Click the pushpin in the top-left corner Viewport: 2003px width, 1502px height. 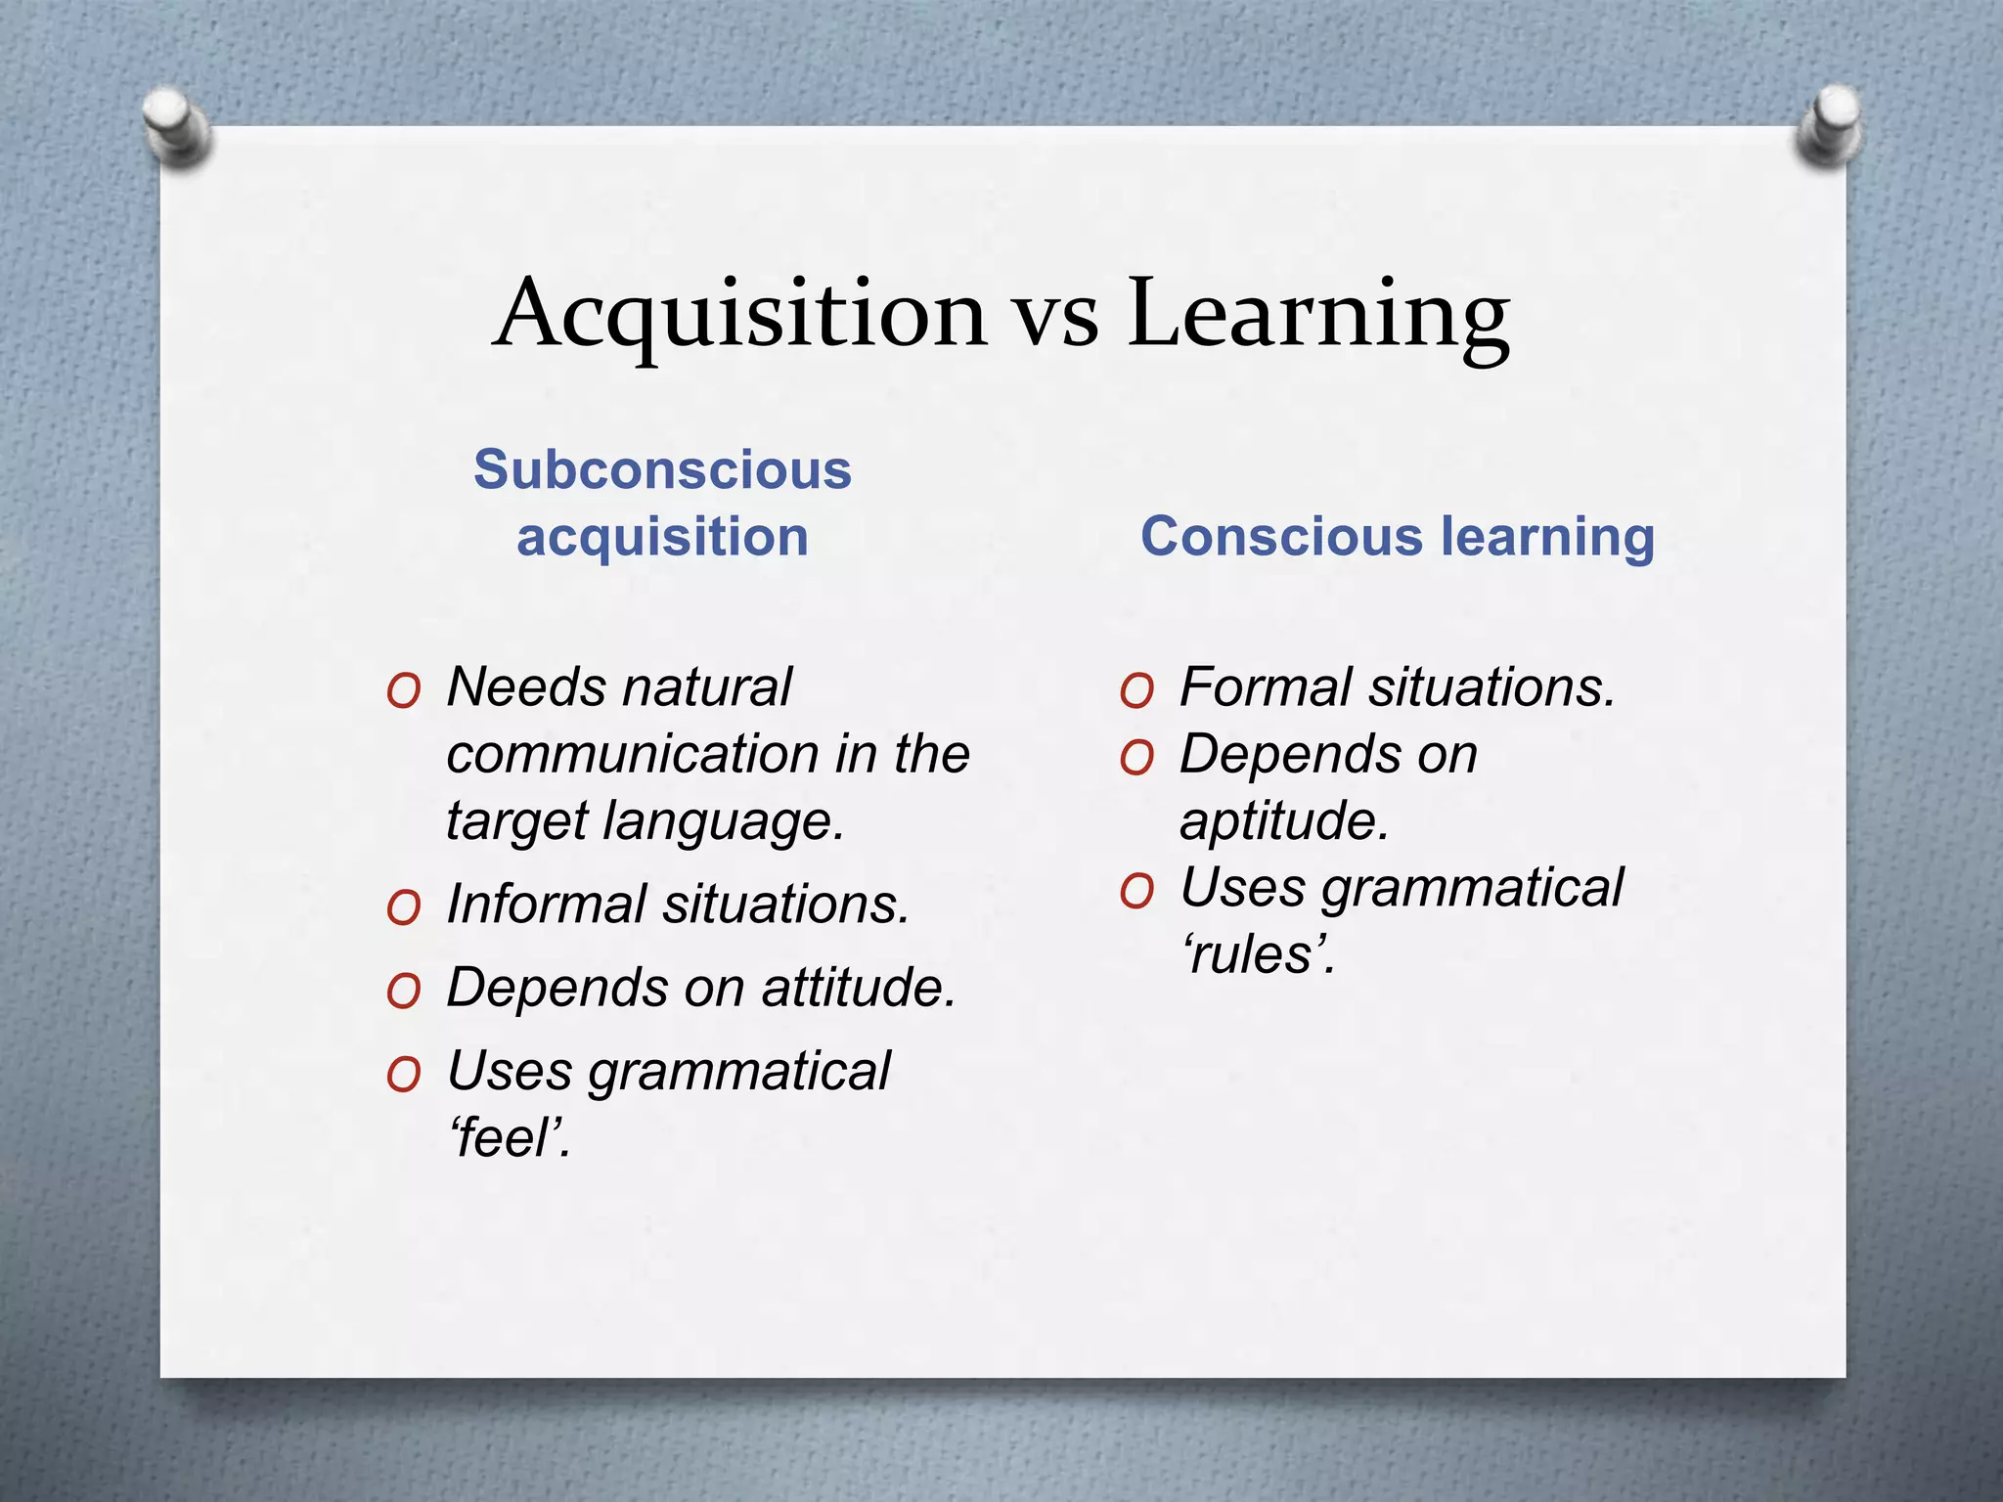coord(176,125)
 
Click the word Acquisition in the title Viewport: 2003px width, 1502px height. coord(740,313)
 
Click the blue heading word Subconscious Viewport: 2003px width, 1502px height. coord(662,469)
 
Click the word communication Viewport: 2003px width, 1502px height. coord(631,754)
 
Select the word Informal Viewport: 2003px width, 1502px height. coord(547,904)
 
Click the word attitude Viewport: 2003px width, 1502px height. coord(858,988)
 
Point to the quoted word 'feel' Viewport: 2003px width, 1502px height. coord(509,1137)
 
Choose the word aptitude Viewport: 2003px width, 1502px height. coord(1283,820)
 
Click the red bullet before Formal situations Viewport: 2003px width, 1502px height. coord(1136,692)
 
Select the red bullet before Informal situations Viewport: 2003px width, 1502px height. coord(403,909)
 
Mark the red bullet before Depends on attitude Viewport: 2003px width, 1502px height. coord(403,994)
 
